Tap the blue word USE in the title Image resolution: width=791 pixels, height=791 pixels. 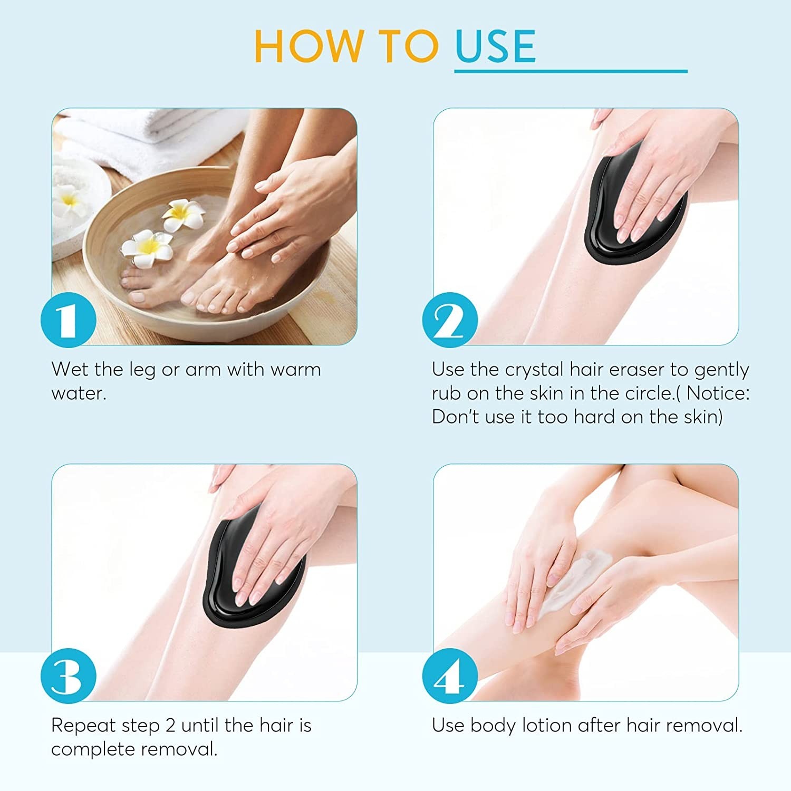coord(495,46)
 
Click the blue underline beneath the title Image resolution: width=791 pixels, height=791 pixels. coord(571,71)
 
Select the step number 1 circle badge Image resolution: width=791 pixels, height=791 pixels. coord(68,320)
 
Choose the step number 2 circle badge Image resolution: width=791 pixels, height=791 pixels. coord(450,320)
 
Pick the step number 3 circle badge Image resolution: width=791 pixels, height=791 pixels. coord(68,676)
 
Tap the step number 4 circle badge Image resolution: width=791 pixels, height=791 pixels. coord(450,676)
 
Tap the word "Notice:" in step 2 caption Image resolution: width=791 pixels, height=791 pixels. coord(718,393)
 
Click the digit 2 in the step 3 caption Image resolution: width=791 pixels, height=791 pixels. coord(170,726)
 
